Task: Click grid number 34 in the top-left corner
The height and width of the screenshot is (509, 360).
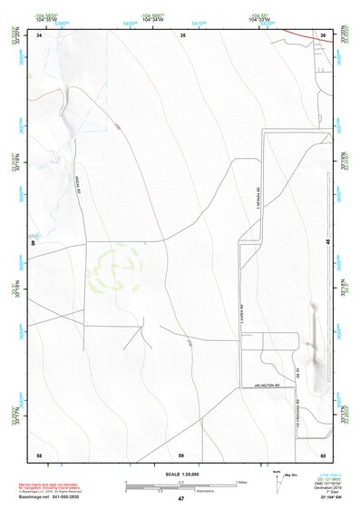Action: (x=39, y=34)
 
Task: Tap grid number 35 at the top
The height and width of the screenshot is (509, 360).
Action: (x=182, y=34)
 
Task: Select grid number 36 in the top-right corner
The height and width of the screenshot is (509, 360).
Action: (x=323, y=34)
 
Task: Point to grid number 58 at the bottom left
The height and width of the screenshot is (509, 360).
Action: (x=39, y=455)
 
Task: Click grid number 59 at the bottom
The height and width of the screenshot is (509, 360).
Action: (x=181, y=455)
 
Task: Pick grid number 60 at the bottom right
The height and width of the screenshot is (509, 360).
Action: (x=323, y=455)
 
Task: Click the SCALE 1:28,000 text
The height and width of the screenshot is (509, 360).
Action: (x=180, y=475)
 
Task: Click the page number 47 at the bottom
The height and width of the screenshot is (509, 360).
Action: (x=181, y=499)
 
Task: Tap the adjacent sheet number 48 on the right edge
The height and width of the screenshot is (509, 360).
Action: (x=327, y=242)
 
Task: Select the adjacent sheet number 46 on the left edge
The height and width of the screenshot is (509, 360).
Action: (x=34, y=243)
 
